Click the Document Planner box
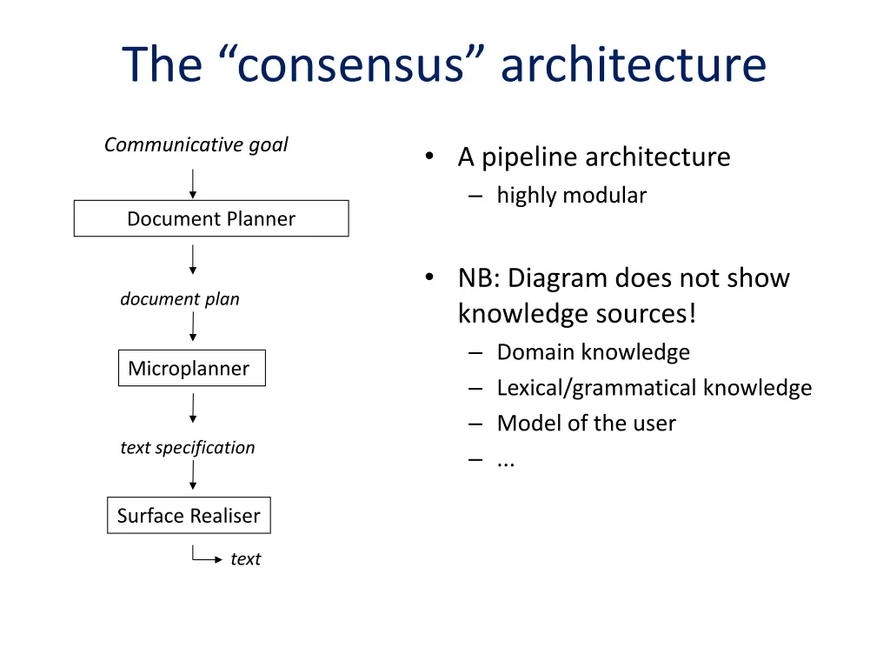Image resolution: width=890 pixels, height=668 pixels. [211, 219]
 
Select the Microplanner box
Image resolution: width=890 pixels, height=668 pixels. [191, 369]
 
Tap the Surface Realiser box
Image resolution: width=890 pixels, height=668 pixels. [189, 516]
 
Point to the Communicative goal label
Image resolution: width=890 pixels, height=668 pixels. [196, 145]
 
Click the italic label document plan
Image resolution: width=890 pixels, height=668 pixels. [180, 299]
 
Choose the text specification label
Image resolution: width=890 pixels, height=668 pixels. [188, 448]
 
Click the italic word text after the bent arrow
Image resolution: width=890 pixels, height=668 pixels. [245, 559]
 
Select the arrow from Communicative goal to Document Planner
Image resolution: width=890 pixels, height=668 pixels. [193, 184]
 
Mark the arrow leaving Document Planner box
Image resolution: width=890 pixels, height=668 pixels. [193, 259]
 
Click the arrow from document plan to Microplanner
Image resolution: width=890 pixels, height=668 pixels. [193, 326]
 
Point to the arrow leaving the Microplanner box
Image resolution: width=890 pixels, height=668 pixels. [193, 408]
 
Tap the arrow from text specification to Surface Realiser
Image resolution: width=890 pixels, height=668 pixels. [193, 475]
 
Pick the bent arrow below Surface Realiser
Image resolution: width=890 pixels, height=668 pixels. [205, 558]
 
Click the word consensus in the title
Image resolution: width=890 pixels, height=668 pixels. [347, 65]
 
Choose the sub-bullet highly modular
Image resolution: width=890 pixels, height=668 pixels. [571, 196]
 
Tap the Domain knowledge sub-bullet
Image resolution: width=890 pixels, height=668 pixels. [593, 352]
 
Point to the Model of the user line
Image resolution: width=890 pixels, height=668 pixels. [586, 424]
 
